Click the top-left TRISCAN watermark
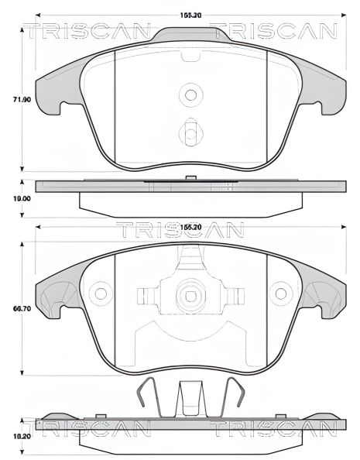point(85,32)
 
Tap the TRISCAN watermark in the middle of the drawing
point(180,230)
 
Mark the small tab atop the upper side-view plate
point(190,178)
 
